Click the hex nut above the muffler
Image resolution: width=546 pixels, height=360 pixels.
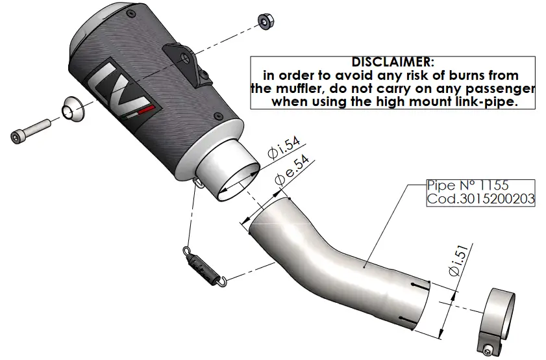pos(265,21)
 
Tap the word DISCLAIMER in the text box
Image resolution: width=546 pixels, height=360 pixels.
pos(392,62)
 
